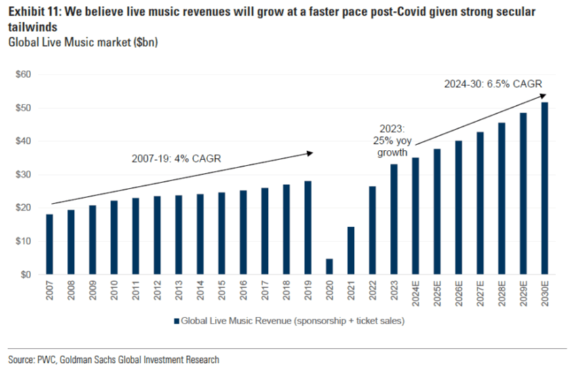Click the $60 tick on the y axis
(x=24, y=75)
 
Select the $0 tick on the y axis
(x=26, y=275)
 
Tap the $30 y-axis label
(x=24, y=175)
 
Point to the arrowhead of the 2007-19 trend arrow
(x=311, y=153)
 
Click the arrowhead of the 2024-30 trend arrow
(x=543, y=96)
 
